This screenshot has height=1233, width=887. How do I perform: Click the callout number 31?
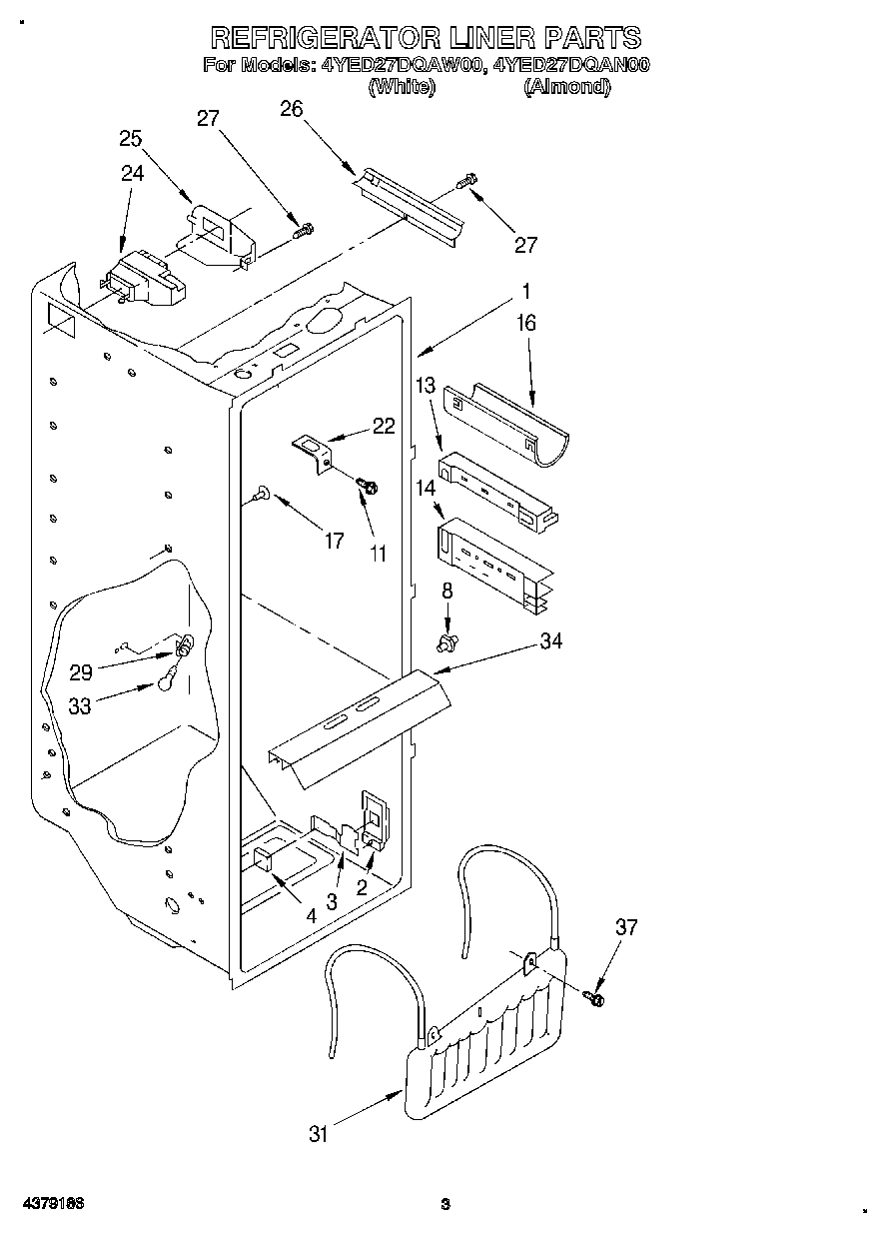pos(319,1134)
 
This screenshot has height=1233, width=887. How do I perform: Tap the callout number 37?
pos(625,928)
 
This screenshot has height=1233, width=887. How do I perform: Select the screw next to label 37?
pos(597,995)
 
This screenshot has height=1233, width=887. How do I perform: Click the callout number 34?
pos(550,641)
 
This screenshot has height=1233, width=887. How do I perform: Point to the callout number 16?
pos(526,323)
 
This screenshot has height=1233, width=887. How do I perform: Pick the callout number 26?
pos(292,110)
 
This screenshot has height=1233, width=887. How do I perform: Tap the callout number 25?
pos(131,139)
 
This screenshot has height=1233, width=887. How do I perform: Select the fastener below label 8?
pos(447,637)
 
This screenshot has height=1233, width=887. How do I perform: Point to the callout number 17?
pos(334,541)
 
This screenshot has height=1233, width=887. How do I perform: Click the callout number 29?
pos(81,672)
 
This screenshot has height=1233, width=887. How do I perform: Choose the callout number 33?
pos(80,706)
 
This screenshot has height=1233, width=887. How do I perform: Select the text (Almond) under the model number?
pos(566,87)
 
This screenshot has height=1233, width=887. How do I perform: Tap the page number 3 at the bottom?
pos(445,1203)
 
